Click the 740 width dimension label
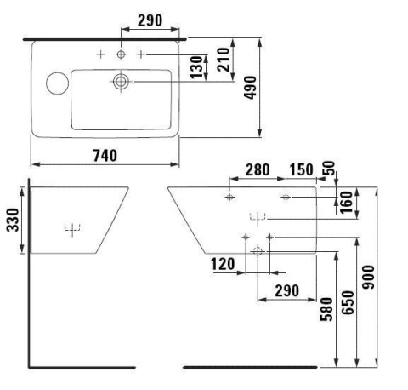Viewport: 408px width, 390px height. click(105, 156)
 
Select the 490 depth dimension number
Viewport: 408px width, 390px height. click(251, 88)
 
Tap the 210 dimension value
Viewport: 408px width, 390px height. click(224, 60)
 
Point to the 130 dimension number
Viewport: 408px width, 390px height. click(196, 67)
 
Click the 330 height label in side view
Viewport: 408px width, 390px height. click(13, 220)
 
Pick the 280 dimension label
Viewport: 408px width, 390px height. click(258, 170)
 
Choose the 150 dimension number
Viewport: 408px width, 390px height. click(301, 170)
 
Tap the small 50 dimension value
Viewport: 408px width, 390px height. click(329, 168)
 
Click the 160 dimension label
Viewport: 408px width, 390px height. click(346, 202)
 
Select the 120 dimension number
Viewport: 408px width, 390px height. click(223, 264)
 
